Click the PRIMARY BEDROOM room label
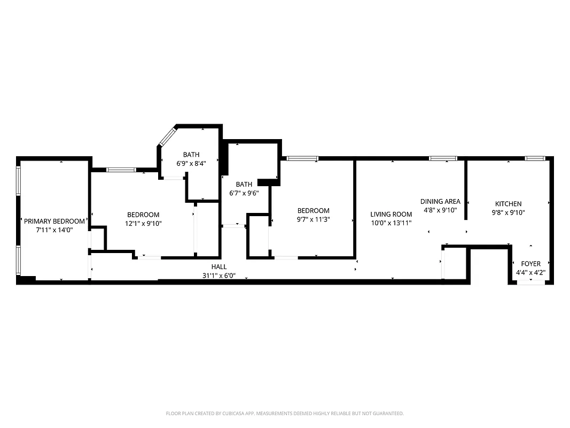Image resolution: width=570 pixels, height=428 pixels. pyautogui.click(x=54, y=221)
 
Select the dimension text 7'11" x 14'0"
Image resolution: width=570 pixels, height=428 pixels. pyautogui.click(x=54, y=230)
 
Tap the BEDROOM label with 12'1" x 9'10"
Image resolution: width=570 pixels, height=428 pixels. pyautogui.click(x=143, y=215)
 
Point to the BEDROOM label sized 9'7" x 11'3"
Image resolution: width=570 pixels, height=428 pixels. pyautogui.click(x=313, y=210)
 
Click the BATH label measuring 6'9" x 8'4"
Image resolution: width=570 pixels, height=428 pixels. pyautogui.click(x=191, y=155)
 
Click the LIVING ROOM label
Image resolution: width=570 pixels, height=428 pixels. pyautogui.click(x=391, y=214)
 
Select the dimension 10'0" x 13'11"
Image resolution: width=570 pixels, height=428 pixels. pyautogui.click(x=391, y=223)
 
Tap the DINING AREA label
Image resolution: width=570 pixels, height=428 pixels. pyautogui.click(x=440, y=201)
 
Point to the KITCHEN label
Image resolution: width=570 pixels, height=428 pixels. pyautogui.click(x=508, y=204)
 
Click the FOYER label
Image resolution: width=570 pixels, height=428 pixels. pyautogui.click(x=530, y=264)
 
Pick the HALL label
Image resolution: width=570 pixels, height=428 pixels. pyautogui.click(x=219, y=266)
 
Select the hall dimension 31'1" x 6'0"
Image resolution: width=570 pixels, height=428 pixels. pyautogui.click(x=219, y=276)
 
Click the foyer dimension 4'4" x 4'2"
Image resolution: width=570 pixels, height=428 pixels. pyautogui.click(x=530, y=272)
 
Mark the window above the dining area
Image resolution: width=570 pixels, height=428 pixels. pyautogui.click(x=443, y=158)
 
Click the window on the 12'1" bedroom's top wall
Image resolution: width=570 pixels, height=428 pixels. pyautogui.click(x=121, y=170)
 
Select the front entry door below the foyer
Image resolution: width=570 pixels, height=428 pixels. pyautogui.click(x=531, y=282)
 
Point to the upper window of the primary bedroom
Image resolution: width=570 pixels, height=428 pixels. pyautogui.click(x=19, y=181)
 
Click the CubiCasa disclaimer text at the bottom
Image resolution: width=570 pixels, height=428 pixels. pyautogui.click(x=285, y=414)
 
